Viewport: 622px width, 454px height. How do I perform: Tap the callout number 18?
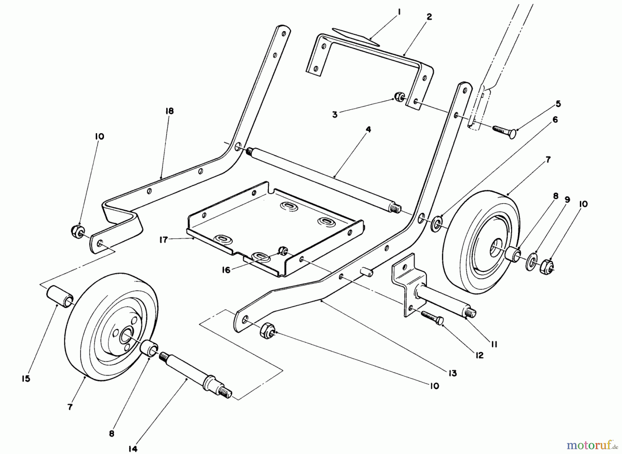(169, 111)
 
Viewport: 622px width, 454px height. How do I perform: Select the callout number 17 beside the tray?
(163, 239)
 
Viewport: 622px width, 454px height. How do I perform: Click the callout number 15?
(26, 379)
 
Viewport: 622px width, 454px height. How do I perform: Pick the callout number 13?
(452, 373)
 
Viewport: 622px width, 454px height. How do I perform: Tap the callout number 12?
(479, 355)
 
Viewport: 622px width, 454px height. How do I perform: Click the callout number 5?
(558, 104)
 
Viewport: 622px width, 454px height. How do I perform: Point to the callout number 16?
(226, 270)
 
